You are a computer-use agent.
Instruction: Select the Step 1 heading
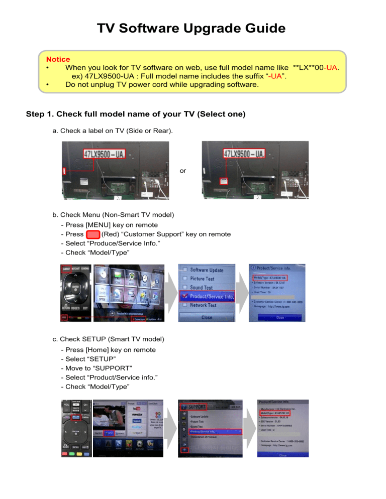(x=135, y=114)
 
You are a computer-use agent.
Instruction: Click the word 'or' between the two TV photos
(x=183, y=171)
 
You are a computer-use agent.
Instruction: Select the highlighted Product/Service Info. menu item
(x=208, y=296)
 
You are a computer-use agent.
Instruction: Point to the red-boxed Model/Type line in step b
(x=270, y=278)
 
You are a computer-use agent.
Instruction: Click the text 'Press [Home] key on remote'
(x=108, y=349)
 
